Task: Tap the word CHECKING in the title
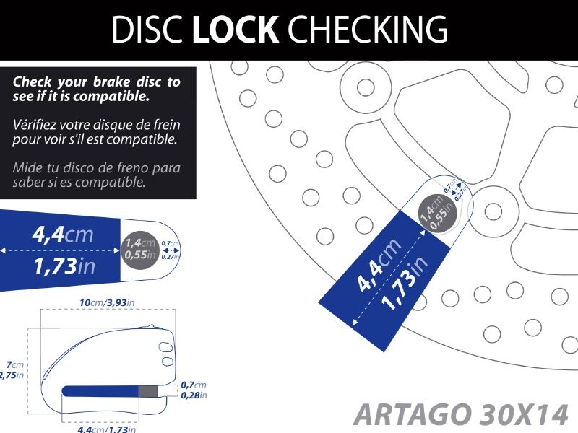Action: tap(367, 30)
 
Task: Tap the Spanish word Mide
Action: tap(27, 168)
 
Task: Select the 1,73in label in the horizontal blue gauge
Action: tap(64, 267)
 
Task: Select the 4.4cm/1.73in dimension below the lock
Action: tap(107, 429)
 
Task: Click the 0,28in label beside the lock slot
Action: tap(194, 395)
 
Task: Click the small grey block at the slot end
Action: tap(147, 391)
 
